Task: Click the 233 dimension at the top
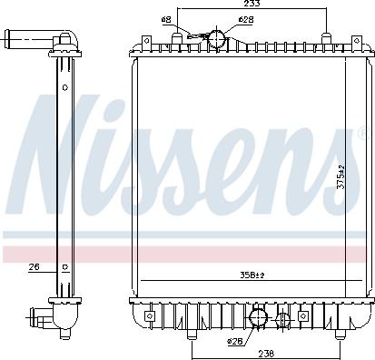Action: click(x=252, y=5)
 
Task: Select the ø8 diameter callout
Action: click(x=166, y=19)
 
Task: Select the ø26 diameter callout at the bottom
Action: click(x=236, y=342)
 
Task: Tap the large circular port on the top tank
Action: click(x=216, y=38)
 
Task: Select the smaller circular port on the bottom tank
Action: click(x=283, y=319)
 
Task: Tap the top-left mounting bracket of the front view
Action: click(x=144, y=43)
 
